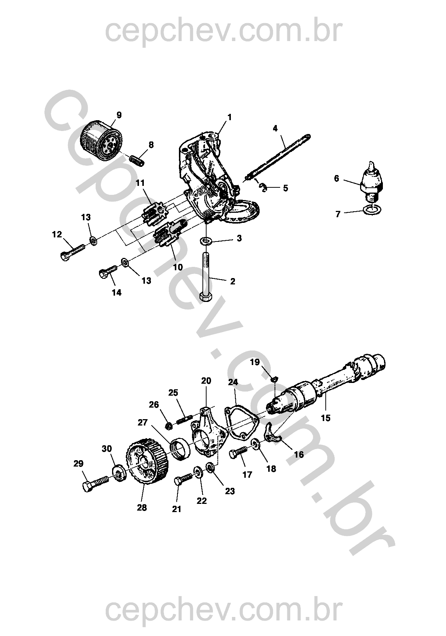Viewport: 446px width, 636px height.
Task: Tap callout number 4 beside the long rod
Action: tap(275, 128)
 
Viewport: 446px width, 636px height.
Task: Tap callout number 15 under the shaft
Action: tap(326, 418)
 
